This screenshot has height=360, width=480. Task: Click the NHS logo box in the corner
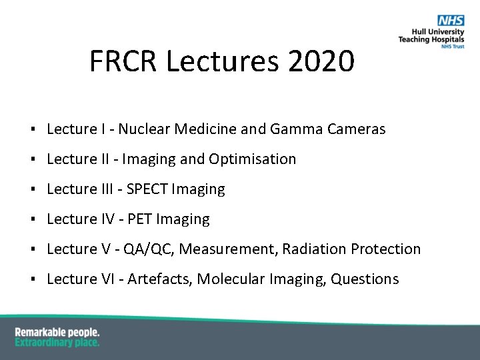click(450, 21)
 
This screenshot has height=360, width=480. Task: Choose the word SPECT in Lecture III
click(147, 189)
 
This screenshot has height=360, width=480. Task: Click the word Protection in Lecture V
click(386, 249)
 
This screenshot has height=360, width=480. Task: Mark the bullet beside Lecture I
click(32, 130)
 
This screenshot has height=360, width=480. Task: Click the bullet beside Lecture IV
click(32, 220)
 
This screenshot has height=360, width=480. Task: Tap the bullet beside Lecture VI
click(32, 280)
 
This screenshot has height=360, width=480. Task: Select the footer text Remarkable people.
click(57, 331)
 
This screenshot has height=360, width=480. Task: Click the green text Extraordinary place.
click(57, 342)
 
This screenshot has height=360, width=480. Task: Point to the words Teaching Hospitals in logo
click(431, 39)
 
